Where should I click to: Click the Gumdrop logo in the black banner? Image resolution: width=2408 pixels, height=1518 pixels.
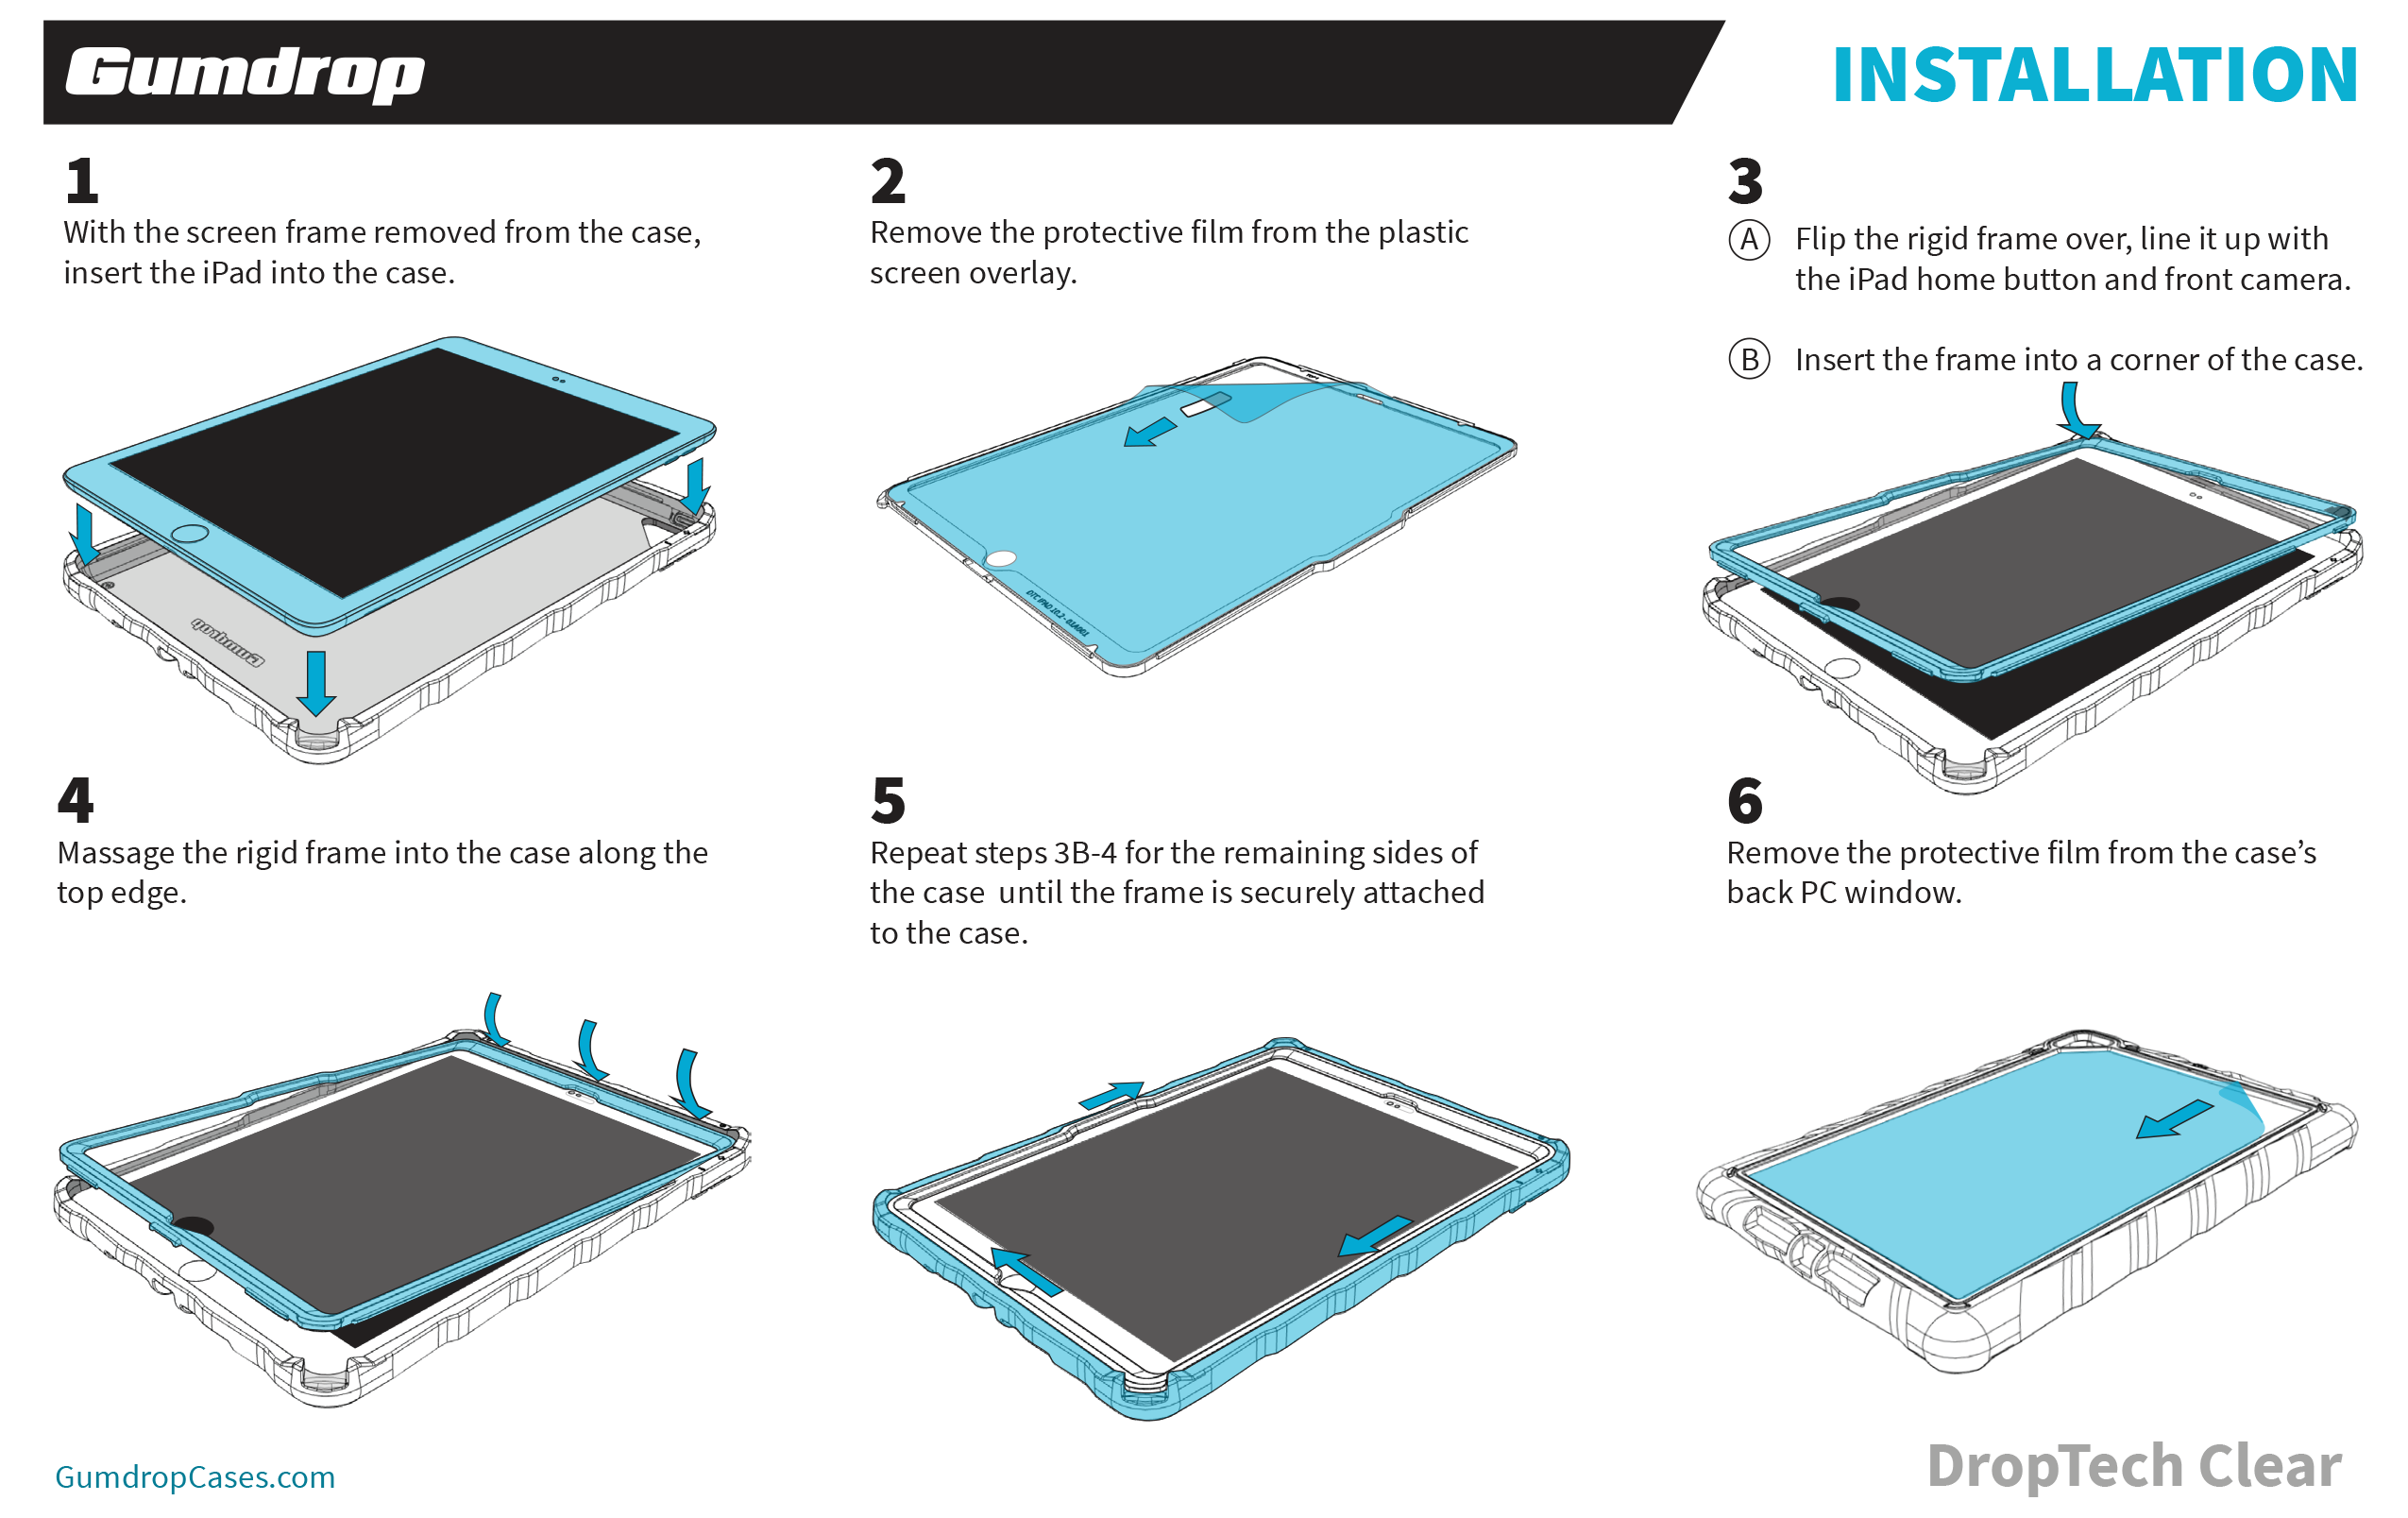[245, 74]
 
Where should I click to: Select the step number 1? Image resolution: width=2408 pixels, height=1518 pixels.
[82, 181]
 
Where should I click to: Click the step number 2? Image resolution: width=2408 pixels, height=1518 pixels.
[887, 181]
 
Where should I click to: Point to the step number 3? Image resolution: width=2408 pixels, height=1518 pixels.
[1745, 181]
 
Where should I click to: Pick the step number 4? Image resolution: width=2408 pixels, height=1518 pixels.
[76, 800]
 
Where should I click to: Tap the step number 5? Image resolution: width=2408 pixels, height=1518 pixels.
[887, 800]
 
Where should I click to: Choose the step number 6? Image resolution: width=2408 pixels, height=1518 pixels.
[1745, 800]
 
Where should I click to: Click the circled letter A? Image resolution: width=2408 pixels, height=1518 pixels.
[1749, 240]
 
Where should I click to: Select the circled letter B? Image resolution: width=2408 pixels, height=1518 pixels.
[1749, 359]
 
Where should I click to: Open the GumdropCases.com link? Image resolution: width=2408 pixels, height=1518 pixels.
[195, 1477]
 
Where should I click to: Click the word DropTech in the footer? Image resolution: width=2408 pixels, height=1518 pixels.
[2054, 1466]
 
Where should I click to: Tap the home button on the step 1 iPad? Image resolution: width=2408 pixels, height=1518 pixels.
[190, 533]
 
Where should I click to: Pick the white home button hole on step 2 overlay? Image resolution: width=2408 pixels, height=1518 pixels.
[1001, 558]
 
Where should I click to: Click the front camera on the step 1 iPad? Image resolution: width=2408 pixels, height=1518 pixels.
[559, 380]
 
